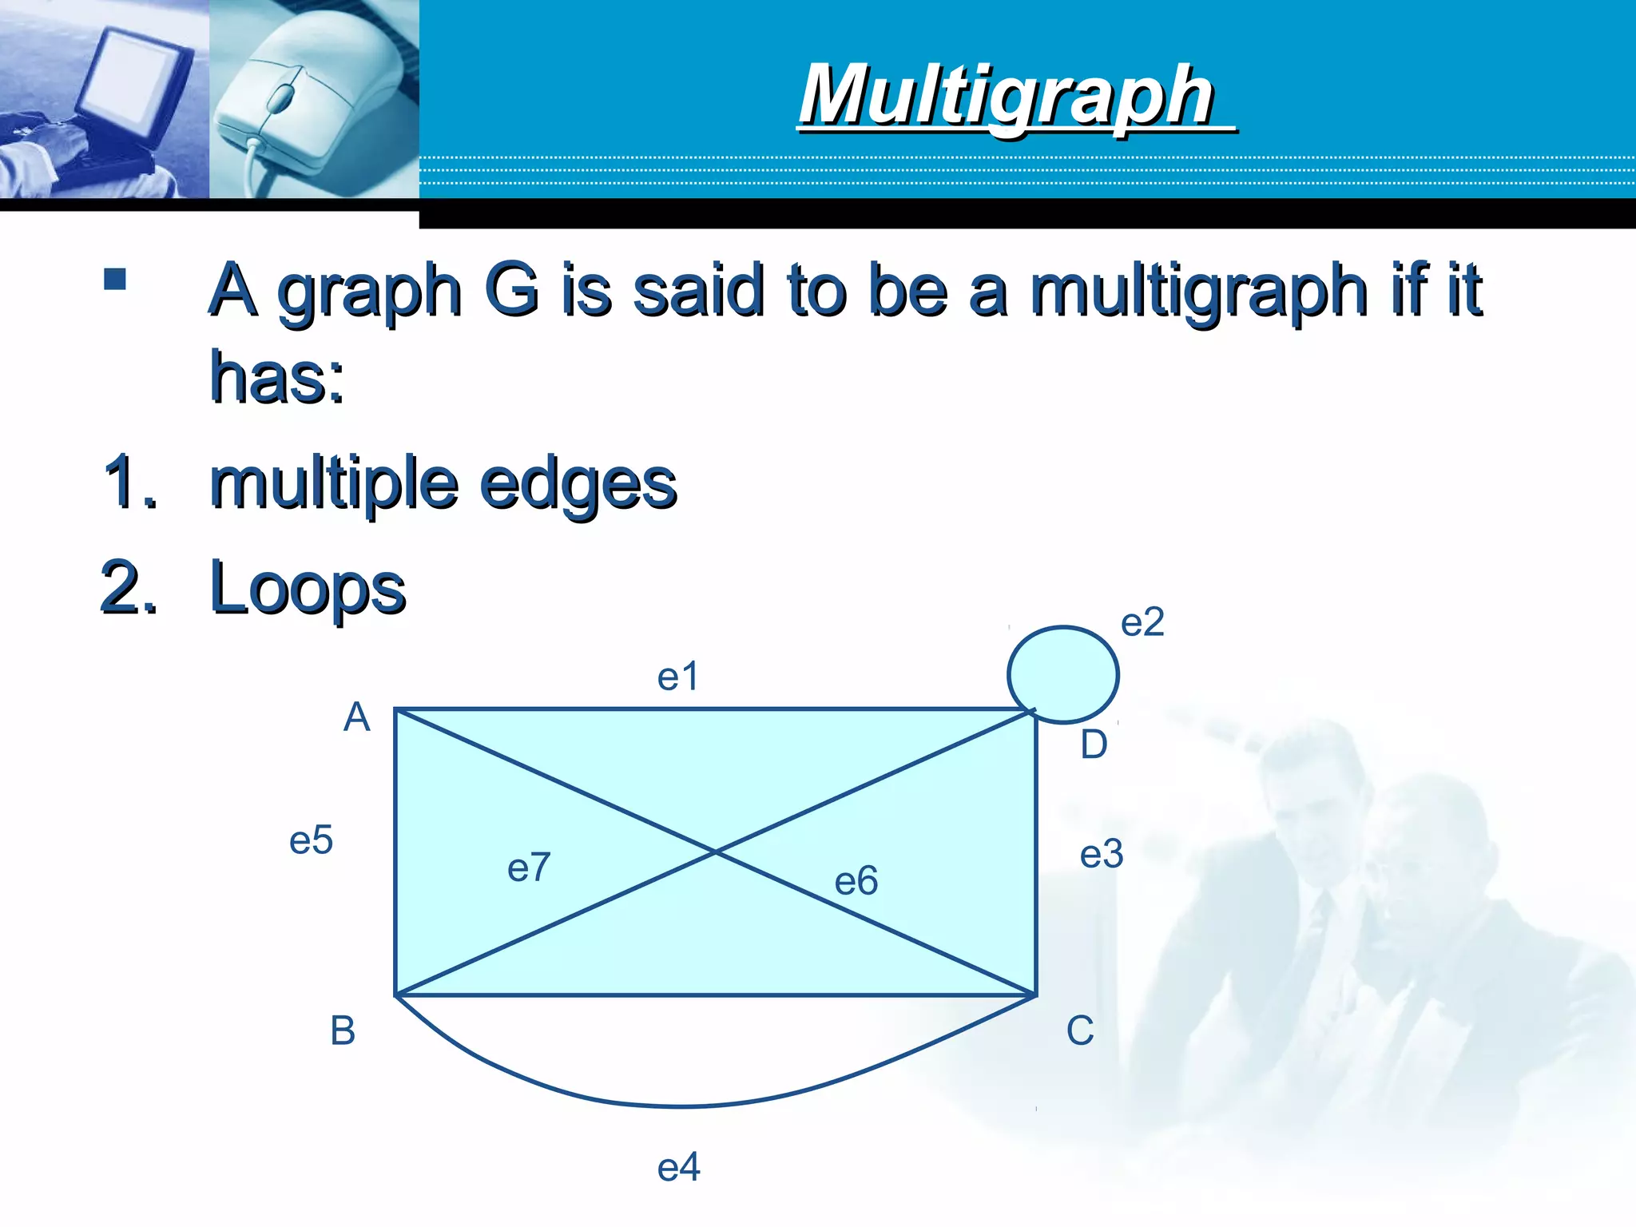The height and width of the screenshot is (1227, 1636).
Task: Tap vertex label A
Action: pyautogui.click(x=357, y=717)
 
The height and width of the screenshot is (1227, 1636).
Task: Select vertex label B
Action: pyautogui.click(x=343, y=1030)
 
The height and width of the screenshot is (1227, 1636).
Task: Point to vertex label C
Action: pyautogui.click(x=1080, y=1030)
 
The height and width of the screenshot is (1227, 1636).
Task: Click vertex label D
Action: pyautogui.click(x=1094, y=745)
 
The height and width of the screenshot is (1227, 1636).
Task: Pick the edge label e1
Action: pyautogui.click(x=677, y=677)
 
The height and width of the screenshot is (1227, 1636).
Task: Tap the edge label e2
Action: pyautogui.click(x=1142, y=622)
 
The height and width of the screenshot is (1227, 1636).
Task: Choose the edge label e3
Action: pyautogui.click(x=1102, y=855)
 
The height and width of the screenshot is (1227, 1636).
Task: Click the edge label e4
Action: pyautogui.click(x=678, y=1167)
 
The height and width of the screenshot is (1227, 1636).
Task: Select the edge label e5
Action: pyautogui.click(x=311, y=840)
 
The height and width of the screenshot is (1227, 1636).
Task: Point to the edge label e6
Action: pyautogui.click(x=856, y=881)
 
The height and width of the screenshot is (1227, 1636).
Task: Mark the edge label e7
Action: pyautogui.click(x=529, y=868)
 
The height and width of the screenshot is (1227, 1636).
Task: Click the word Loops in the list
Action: pyautogui.click(x=308, y=589)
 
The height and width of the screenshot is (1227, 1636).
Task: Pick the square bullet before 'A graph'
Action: pyautogui.click(x=115, y=279)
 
